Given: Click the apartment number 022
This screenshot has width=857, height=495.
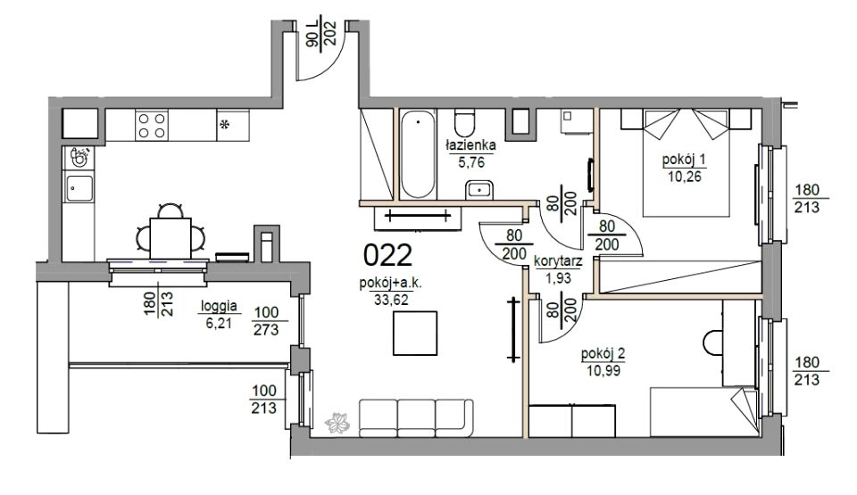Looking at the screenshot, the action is [x=387, y=254].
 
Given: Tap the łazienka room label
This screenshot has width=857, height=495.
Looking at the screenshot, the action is [x=470, y=145].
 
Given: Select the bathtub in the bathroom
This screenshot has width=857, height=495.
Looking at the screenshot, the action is [x=418, y=154].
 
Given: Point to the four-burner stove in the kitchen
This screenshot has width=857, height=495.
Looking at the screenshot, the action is [x=152, y=125].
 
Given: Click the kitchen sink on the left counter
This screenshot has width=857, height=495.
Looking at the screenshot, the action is [x=79, y=186].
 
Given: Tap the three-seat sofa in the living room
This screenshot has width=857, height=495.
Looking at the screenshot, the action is [x=416, y=418].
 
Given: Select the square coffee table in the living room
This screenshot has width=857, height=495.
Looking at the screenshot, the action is [x=415, y=334].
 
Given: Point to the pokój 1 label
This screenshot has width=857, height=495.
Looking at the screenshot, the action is [x=685, y=160].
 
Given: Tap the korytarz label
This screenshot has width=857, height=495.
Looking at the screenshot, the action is [x=557, y=261].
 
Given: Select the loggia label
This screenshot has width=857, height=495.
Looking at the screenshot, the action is [x=219, y=306].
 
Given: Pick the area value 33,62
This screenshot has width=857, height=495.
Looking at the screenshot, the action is [x=391, y=300].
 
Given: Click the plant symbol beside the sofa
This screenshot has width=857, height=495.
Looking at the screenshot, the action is [x=337, y=423].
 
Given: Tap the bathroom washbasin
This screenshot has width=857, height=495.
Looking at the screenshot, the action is [x=480, y=189].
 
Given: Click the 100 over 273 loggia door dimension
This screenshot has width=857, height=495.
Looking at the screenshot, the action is [x=266, y=321].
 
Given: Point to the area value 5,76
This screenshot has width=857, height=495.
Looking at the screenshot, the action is [x=471, y=162].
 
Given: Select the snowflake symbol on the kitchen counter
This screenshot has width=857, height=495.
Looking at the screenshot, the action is [x=224, y=124].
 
